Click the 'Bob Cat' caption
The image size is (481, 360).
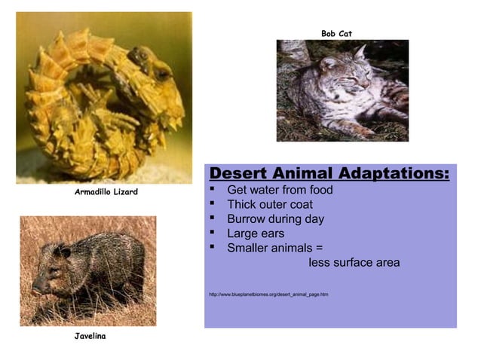336,33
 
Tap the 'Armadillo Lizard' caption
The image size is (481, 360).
106,193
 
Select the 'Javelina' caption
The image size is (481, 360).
90,335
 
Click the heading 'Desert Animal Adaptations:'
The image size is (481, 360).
329,174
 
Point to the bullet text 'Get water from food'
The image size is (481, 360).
280,190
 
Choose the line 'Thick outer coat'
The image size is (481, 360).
270,204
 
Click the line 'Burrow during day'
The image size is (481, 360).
275,219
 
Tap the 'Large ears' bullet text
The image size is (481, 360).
256,233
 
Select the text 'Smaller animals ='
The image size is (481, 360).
275,248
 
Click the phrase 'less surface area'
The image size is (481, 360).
354,263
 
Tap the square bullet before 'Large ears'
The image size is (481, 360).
213,233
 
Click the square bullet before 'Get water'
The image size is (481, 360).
213,190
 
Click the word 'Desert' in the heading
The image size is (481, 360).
239,174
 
